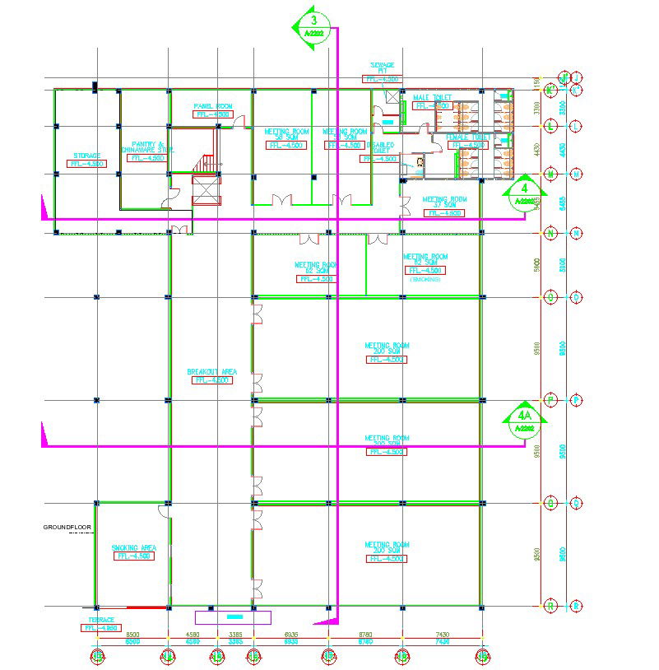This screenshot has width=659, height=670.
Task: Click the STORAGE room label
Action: click(86, 156)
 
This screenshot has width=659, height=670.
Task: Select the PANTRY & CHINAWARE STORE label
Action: click(147, 147)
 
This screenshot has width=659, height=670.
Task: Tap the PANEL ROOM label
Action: click(213, 106)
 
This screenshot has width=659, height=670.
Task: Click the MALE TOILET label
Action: click(433, 97)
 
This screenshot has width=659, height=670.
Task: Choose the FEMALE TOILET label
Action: click(468, 137)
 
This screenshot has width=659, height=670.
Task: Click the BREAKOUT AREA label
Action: click(211, 372)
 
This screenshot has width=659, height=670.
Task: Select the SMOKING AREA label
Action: click(134, 547)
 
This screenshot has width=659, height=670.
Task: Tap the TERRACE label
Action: click(101, 620)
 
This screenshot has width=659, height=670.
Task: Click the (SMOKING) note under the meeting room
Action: click(425, 280)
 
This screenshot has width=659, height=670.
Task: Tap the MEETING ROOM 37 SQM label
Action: click(444, 202)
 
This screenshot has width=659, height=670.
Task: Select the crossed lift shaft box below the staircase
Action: click(206, 192)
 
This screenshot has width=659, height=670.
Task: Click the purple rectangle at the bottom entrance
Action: click(233, 616)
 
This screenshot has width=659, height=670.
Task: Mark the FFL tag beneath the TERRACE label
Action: click(101, 628)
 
